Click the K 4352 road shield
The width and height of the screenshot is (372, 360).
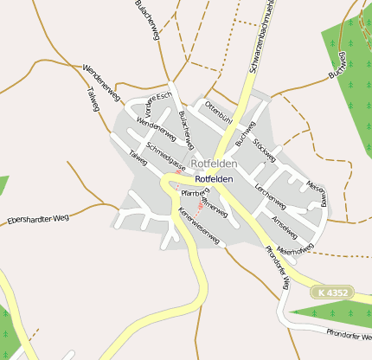click(x=332, y=292)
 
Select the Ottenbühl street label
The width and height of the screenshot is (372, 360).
click(x=218, y=112)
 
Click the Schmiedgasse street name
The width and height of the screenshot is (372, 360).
click(x=166, y=155)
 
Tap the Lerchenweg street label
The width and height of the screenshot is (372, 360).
click(x=270, y=196)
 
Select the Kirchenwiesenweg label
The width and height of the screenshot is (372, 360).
click(x=199, y=226)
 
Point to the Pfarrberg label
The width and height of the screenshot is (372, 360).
click(x=192, y=193)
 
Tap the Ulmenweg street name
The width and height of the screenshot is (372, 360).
click(x=214, y=205)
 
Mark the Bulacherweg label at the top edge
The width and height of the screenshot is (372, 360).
click(x=148, y=17)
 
